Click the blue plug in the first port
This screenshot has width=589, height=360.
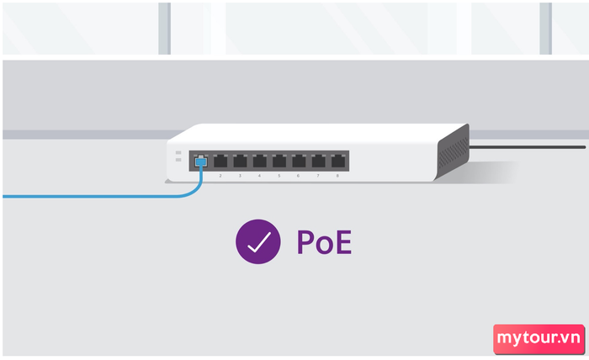[201, 161]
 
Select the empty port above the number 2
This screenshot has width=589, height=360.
[220, 161]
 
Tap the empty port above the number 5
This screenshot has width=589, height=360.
[279, 161]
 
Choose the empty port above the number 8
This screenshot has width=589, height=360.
[338, 161]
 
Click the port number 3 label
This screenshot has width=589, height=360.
[240, 176]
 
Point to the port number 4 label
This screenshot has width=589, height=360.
[259, 176]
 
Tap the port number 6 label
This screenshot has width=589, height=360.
[298, 176]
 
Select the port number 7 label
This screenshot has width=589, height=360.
[318, 176]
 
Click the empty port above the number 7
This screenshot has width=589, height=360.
[319, 161]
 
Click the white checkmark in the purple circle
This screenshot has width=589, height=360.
[259, 242]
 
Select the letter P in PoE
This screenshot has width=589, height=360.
[305, 242]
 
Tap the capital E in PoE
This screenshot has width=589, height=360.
[344, 242]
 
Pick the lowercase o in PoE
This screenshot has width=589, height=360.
[324, 246]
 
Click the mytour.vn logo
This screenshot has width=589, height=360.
[539, 339]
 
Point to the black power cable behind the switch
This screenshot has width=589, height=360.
[528, 147]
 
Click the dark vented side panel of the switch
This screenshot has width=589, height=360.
[453, 152]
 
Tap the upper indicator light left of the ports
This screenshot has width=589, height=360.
[178, 153]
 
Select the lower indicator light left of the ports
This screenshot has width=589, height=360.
[178, 160]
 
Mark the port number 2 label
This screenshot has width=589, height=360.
[220, 176]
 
